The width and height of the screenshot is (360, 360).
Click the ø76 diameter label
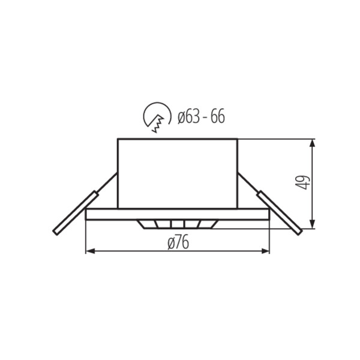178,242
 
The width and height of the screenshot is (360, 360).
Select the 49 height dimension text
302,182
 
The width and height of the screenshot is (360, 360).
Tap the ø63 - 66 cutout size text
201,116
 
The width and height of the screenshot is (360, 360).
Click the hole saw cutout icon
157,117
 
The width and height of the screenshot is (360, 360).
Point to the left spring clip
76,213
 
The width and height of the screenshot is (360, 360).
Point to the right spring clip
280,213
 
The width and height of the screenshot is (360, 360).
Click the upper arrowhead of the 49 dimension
312,143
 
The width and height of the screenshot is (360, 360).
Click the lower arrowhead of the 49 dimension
312,224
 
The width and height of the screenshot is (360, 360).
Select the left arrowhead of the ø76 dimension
90,251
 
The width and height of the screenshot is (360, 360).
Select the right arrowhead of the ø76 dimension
265,251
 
